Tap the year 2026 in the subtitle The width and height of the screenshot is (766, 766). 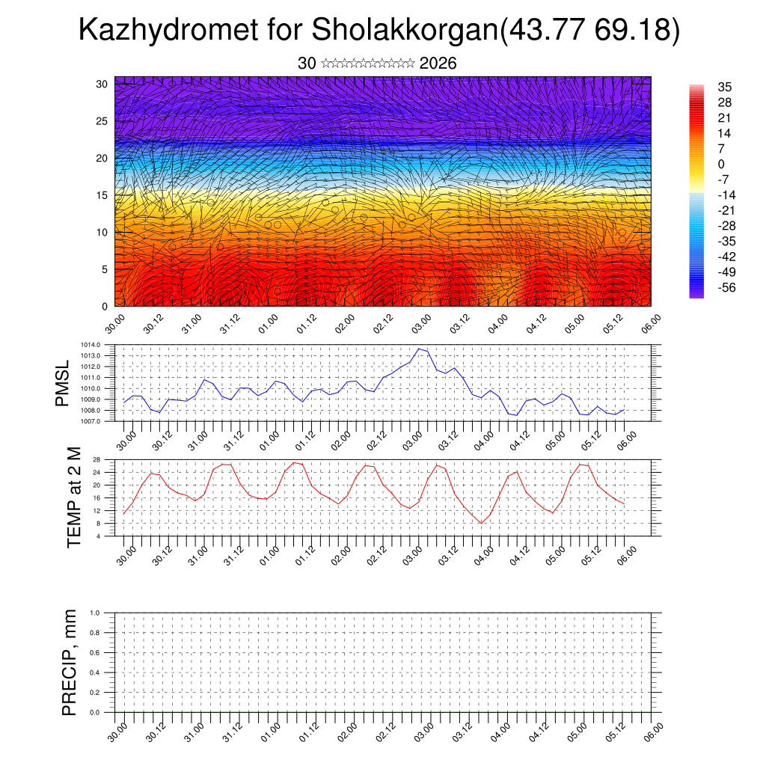point(438,64)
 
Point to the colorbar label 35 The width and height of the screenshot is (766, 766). point(724,87)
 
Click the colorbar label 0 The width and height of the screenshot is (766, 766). point(721,165)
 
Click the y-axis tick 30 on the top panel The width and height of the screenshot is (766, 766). point(101,84)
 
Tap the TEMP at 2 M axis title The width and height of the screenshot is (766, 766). point(74,497)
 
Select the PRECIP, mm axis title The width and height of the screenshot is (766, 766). point(70,662)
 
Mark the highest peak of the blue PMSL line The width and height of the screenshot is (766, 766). point(419,349)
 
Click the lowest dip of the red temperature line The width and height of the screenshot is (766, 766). point(482,523)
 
